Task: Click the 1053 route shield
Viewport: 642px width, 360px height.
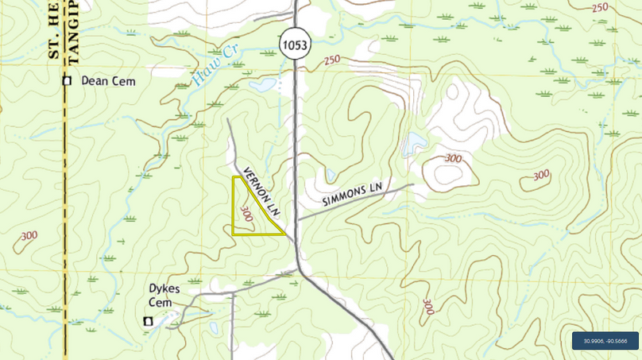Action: pyautogui.click(x=293, y=45)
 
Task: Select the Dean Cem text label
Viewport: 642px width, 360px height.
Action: pyautogui.click(x=108, y=81)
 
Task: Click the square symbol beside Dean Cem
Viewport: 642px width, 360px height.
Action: pyautogui.click(x=68, y=81)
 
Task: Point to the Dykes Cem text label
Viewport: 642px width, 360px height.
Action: pyautogui.click(x=165, y=296)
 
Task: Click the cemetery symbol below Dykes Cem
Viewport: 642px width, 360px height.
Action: pyautogui.click(x=147, y=320)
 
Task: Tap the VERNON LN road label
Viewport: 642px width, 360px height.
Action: pyautogui.click(x=262, y=192)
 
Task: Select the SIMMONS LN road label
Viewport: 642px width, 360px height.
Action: pyautogui.click(x=353, y=195)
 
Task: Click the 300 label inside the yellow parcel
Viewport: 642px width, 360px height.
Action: pyautogui.click(x=246, y=212)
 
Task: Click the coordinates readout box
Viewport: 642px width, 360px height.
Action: pyautogui.click(x=605, y=341)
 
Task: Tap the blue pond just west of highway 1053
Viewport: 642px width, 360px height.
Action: pyautogui.click(x=262, y=84)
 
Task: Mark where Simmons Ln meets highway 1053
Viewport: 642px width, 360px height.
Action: pyautogui.click(x=297, y=219)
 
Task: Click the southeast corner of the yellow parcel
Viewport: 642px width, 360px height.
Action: pyautogui.click(x=286, y=235)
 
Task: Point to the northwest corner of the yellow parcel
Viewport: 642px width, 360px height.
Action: pyautogui.click(x=233, y=177)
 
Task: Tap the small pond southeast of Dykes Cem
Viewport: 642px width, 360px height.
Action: pyautogui.click(x=213, y=327)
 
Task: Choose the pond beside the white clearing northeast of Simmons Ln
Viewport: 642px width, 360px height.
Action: pyautogui.click(x=414, y=144)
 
